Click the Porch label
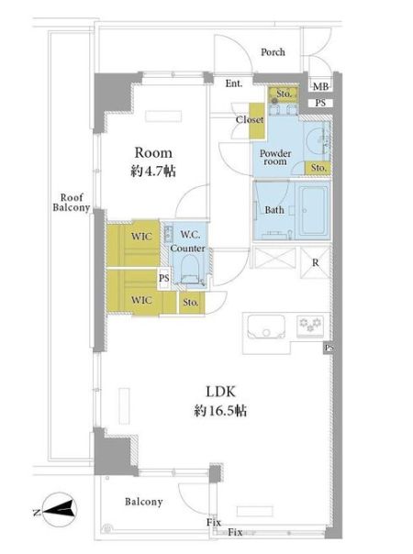[x=273, y=52]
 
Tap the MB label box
[x=320, y=86]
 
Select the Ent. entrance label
[x=234, y=83]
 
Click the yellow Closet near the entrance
[x=257, y=120]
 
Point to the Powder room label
[x=275, y=158]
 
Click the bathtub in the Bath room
[x=313, y=211]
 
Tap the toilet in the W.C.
[x=189, y=271]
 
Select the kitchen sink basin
[x=266, y=327]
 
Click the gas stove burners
[x=310, y=325]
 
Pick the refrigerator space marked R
[x=315, y=262]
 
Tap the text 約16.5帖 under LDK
[x=220, y=411]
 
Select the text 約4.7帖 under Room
[x=153, y=172]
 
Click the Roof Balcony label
[x=72, y=203]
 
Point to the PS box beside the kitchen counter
[x=329, y=348]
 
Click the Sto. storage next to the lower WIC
[x=191, y=303]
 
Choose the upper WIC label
[x=141, y=237]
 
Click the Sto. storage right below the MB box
[x=284, y=94]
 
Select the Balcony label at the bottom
[x=143, y=502]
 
